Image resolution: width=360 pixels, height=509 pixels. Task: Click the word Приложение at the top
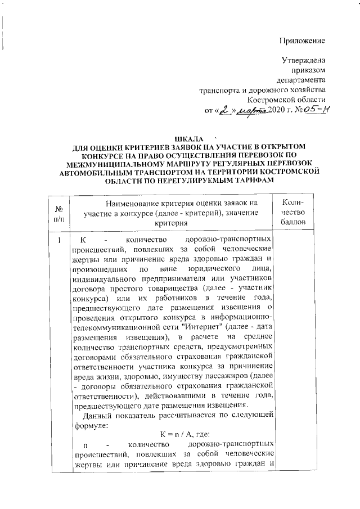tap(303, 40)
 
